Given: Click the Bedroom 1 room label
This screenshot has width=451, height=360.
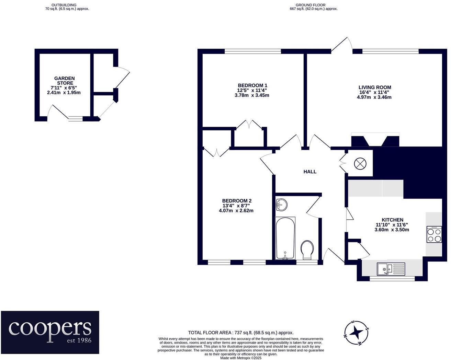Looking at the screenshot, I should pos(252,85).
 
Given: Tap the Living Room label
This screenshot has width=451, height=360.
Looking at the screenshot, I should pos(375,88).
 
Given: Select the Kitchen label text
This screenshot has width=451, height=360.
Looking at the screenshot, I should pos(392,220).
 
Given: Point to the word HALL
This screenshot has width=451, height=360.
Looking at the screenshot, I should pos(310,172).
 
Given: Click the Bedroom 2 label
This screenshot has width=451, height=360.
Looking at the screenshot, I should pos(237,201).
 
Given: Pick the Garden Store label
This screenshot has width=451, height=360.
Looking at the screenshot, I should pos(65,81).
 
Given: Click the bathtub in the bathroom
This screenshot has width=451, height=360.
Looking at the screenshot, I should pos(285,238).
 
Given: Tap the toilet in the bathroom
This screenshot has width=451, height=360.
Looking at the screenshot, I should pos(307,249).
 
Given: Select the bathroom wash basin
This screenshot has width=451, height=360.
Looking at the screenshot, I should pos(281,205).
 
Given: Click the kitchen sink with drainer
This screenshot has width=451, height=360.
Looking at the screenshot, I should pos(391,269).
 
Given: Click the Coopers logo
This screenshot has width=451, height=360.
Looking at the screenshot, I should pos(50,332).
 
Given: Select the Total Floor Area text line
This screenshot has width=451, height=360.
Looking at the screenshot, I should pos(240,333).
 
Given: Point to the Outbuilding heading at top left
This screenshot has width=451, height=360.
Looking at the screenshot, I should pos(64,5).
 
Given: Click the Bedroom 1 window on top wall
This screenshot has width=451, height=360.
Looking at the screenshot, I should pos(252,51).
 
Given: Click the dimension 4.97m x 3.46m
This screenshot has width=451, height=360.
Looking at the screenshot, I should pos(374,97).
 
